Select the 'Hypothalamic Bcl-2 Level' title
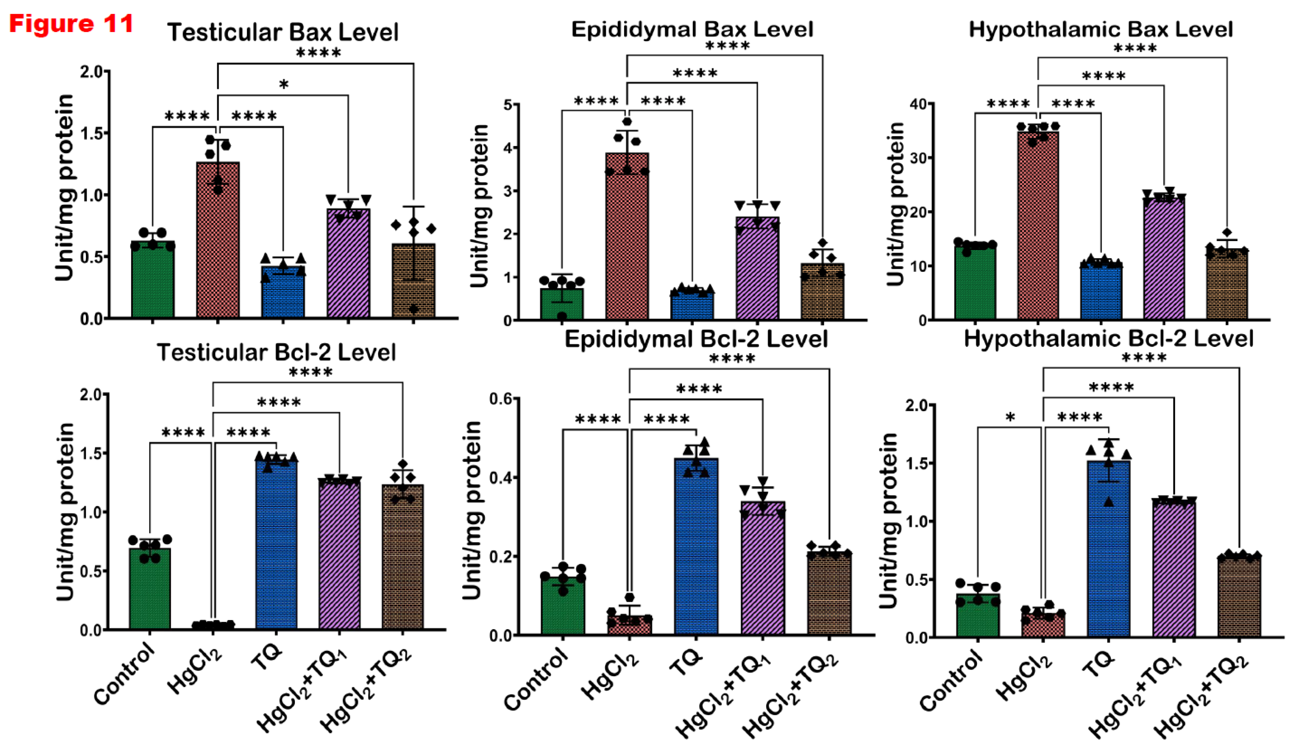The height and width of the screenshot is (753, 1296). pyautogui.click(x=1108, y=338)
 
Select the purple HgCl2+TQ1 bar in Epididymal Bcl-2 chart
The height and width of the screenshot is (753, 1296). pyautogui.click(x=763, y=571)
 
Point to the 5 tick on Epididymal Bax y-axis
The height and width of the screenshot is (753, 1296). pyautogui.click(x=508, y=105)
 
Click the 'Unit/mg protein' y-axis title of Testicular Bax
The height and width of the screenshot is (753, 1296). pyautogui.click(x=65, y=188)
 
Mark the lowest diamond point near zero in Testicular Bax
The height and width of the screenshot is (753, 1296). pyautogui.click(x=413, y=309)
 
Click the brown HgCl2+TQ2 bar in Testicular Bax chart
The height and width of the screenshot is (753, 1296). pyautogui.click(x=413, y=283)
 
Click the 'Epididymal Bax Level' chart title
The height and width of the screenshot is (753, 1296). pyautogui.click(x=692, y=29)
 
